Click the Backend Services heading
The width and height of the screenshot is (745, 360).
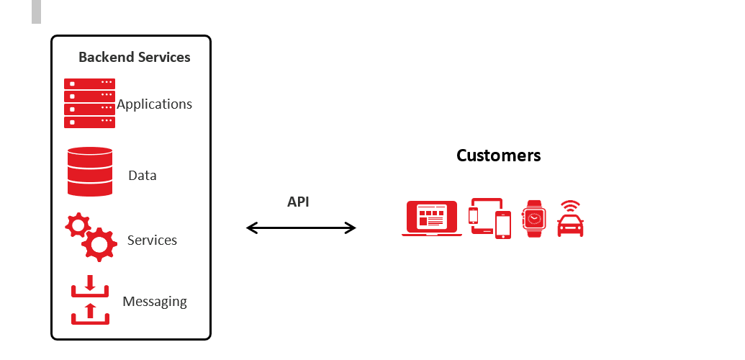135,57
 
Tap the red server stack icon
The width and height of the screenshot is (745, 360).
89,103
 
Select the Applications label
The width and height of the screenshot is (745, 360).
155,104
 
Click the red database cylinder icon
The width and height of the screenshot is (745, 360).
90,171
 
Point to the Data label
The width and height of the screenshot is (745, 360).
142,176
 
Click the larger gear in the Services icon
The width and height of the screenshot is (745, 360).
99,244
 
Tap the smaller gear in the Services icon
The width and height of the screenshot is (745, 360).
78,225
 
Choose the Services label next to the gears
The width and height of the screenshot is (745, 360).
152,240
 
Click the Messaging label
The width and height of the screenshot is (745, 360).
155,302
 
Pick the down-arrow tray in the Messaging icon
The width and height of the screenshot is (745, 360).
90,287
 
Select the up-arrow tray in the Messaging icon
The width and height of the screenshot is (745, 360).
90,314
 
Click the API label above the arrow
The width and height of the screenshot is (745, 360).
298,202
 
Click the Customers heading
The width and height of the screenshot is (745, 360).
498,156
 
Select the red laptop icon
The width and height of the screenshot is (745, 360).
432,218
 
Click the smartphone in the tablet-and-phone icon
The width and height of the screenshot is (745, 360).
503,225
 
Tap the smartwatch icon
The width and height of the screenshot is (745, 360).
534,218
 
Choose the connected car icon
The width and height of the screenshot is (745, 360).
570,225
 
